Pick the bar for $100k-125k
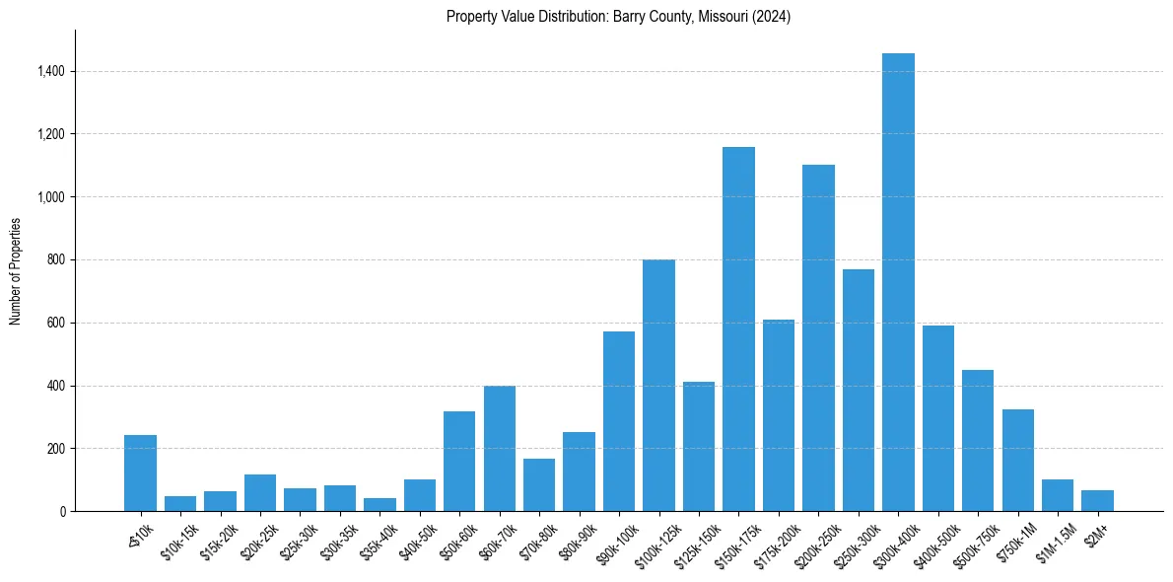pyautogui.click(x=658, y=385)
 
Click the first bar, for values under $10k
pyautogui.click(x=140, y=473)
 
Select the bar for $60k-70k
pyautogui.click(x=499, y=449)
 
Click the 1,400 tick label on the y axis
pyautogui.click(x=51, y=71)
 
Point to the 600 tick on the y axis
pyautogui.click(x=56, y=323)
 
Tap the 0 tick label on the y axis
pyautogui.click(x=62, y=511)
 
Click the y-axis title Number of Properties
pyautogui.click(x=15, y=270)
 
